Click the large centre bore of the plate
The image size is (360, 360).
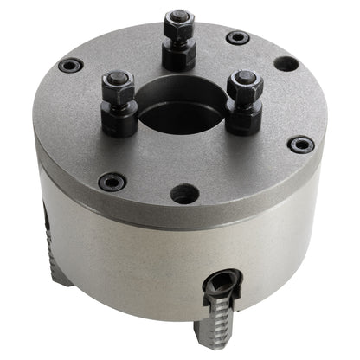pos(183,108)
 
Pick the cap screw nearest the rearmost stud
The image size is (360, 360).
pos(237,37)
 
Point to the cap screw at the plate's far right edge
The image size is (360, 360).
pos(300,145)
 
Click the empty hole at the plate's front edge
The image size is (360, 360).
pos(184,194)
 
